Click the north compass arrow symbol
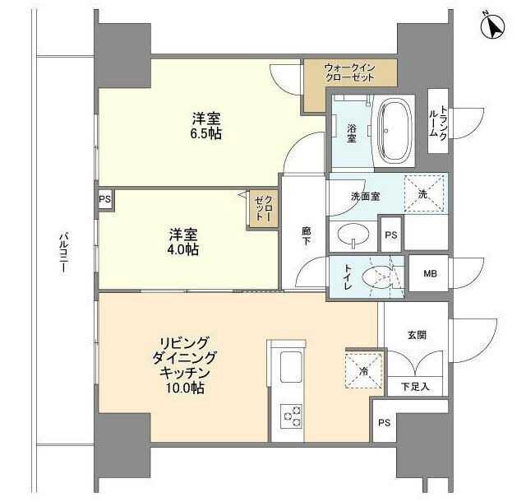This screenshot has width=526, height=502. click(492, 26)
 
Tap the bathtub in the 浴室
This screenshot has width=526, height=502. click(394, 131)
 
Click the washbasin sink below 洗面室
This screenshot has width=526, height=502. click(353, 234)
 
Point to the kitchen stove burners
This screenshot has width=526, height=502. click(292, 416)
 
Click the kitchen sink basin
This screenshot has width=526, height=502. click(291, 367)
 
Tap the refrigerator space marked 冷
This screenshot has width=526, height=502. click(363, 371)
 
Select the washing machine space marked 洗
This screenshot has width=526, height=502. click(424, 194)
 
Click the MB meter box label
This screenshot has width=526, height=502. click(430, 273)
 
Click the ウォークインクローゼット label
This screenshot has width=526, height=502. click(349, 72)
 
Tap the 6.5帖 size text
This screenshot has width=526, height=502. click(206, 134)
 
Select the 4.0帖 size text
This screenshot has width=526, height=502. click(183, 249)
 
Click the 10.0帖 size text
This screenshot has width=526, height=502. click(184, 388)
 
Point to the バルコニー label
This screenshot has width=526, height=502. click(62, 253)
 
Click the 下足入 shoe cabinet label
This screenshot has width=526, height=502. click(415, 387)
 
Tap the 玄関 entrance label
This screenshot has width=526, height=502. click(418, 335)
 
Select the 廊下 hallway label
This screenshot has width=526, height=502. click(306, 236)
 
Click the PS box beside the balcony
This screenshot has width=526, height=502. click(104, 199)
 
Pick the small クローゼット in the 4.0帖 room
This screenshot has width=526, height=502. click(264, 209)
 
